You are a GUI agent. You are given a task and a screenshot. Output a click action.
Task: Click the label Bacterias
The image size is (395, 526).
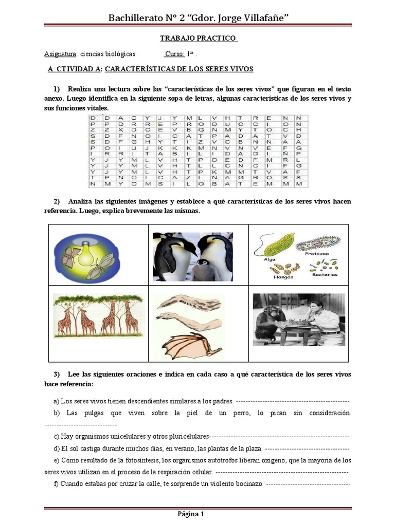[325, 275]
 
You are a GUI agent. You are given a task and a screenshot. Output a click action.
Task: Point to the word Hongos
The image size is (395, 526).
[284, 277]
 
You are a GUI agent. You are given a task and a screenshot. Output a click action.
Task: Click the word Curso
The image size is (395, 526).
[175, 54]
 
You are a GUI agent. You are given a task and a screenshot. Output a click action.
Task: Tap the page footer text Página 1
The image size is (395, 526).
[191, 514]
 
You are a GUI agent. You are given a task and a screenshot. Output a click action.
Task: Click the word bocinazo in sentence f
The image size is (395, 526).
[246, 484]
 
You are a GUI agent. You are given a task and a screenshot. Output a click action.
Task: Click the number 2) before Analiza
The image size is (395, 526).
[57, 201]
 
